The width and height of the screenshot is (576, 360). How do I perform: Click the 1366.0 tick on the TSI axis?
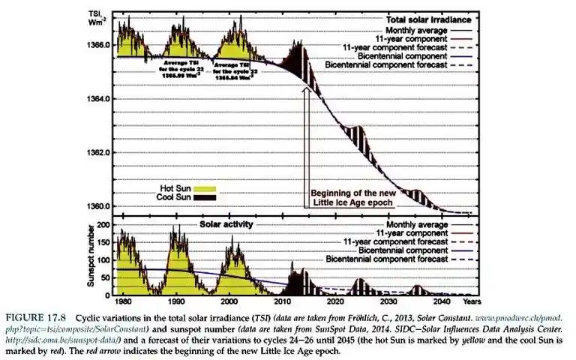[x=100, y=46]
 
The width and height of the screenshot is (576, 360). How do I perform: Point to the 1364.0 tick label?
[x=100, y=100]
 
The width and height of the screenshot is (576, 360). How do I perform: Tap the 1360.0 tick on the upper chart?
[x=100, y=205]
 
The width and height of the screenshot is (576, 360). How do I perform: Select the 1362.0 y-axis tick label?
[x=100, y=152]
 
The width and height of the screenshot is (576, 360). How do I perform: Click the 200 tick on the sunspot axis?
[x=104, y=225]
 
